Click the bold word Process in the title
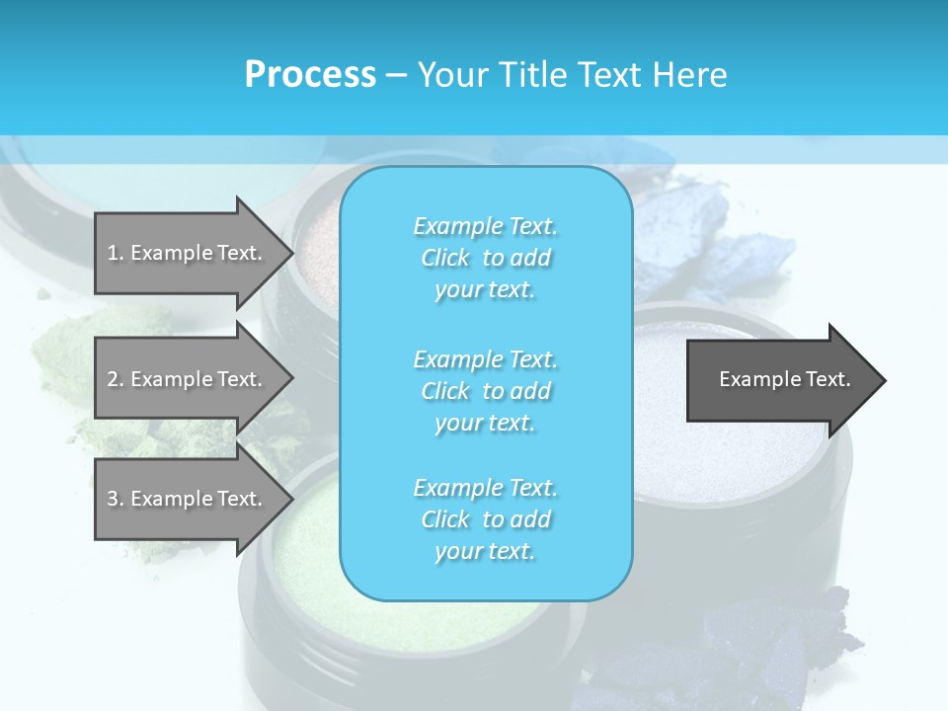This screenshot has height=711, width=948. pos(310,74)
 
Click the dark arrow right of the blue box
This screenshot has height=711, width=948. pos(780,380)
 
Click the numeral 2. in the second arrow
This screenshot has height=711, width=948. pos(116,379)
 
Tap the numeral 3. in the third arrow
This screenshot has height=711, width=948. pos(116,499)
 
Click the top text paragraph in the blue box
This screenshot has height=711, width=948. pos(485,258)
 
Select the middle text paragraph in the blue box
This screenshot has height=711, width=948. pos(485,391)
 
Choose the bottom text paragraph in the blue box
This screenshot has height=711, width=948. pos(485,519)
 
